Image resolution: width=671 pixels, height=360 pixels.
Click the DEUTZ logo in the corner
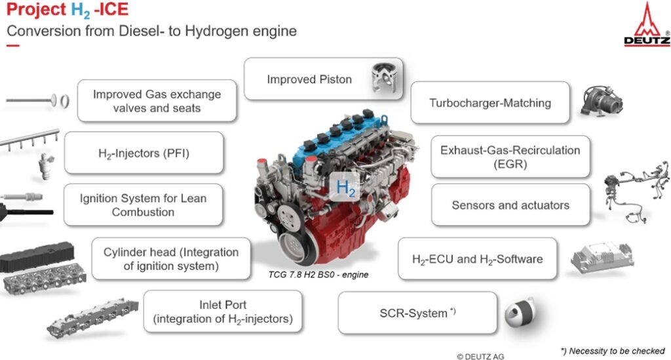click(647, 24)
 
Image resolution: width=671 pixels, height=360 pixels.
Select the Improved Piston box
click(324, 79)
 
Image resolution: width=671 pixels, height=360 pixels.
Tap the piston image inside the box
click(385, 78)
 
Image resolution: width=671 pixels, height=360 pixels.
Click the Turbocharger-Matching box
click(490, 103)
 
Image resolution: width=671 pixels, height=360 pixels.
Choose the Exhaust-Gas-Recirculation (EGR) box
click(510, 157)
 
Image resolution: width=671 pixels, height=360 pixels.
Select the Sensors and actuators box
click(510, 205)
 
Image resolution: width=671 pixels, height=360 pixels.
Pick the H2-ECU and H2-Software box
click(478, 259)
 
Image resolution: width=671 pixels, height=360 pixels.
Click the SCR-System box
click(417, 313)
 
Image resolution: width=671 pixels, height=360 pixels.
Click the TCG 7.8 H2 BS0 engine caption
click(318, 275)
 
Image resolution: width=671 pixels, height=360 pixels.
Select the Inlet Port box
click(223, 311)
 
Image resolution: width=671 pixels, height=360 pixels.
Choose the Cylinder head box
click(171, 259)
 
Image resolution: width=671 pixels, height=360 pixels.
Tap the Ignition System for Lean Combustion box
click(144, 205)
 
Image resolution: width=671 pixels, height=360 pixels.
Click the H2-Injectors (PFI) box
click(144, 153)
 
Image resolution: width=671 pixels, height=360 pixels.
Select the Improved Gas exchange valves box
click(157, 100)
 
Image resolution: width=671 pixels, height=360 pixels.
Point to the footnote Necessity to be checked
click(613, 351)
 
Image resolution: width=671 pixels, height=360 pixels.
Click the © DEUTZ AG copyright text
click(480, 356)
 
